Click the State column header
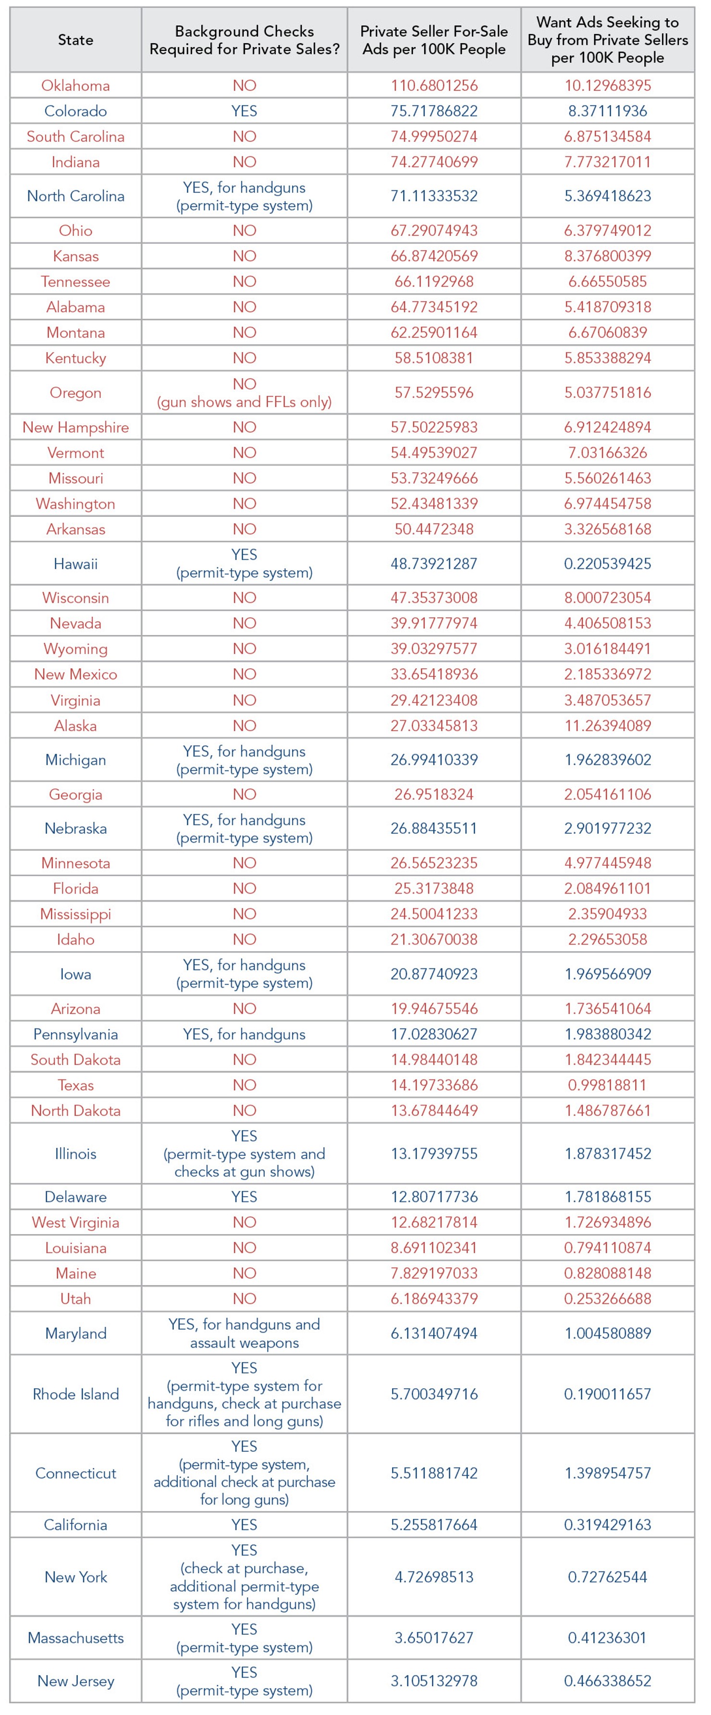[75, 40]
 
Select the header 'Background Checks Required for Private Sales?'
[245, 40]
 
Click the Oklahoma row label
[75, 85]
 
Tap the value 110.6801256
[434, 85]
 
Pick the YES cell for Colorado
[245, 111]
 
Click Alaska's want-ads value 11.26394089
[608, 726]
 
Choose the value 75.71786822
[434, 111]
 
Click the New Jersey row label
[75, 1681]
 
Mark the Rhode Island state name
[75, 1394]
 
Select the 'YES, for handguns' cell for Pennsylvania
[245, 1034]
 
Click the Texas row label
[75, 1085]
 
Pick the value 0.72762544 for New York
[608, 1577]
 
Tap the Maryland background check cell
[245, 1334]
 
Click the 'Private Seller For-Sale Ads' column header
[434, 40]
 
